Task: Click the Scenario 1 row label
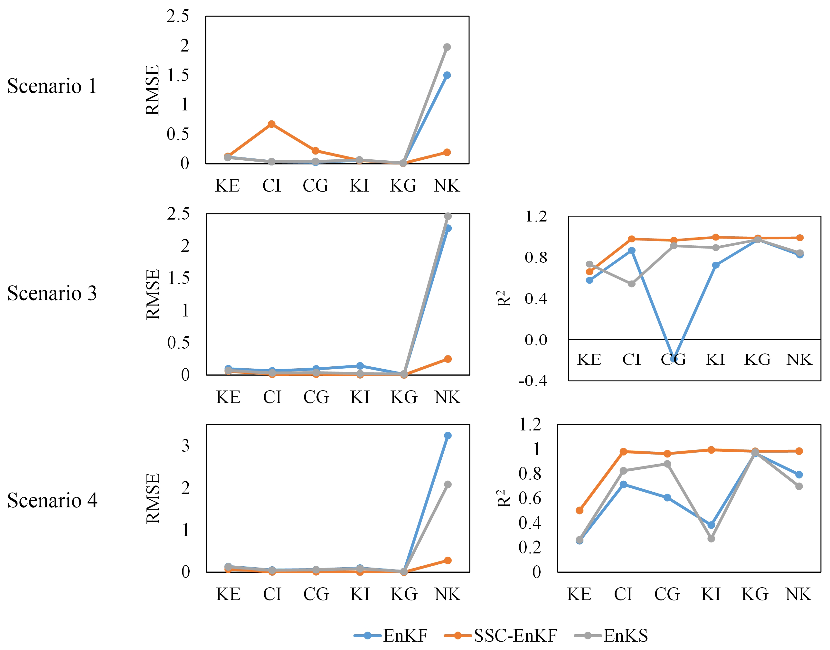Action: pos(52,86)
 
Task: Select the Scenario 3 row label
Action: pos(52,293)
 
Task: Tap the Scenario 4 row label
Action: pos(52,500)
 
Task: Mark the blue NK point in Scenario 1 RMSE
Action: pos(447,75)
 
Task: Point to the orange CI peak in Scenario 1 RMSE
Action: pos(272,124)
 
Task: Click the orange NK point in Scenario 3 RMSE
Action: pos(448,359)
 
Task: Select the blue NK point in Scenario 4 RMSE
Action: pos(448,435)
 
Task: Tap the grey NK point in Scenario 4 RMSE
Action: pos(448,485)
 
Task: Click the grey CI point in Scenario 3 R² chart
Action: pos(632,284)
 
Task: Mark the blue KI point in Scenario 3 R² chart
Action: pos(716,265)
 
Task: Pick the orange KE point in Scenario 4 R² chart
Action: pos(580,510)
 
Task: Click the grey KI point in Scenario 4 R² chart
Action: pos(711,539)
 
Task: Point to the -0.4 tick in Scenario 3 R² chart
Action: pos(533,381)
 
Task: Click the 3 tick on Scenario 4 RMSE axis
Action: pos(185,446)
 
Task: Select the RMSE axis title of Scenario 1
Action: pos(153,90)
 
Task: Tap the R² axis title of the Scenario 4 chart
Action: pos(504,499)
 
